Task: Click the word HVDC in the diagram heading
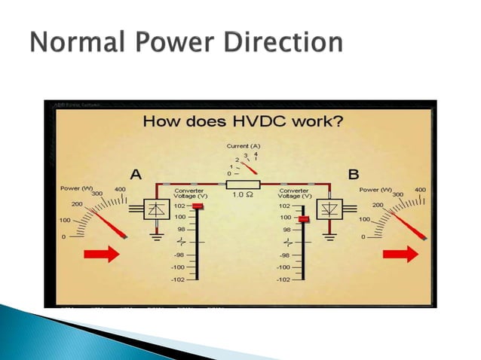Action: (257, 121)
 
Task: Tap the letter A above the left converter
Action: (136, 174)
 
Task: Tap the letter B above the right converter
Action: (353, 174)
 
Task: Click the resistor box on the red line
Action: (243, 185)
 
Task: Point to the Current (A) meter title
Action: (242, 145)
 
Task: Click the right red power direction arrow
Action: (400, 254)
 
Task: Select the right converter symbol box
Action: (329, 209)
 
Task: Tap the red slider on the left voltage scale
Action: (198, 206)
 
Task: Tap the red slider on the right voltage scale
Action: (303, 219)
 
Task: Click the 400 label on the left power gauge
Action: (120, 190)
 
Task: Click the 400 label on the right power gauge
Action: (420, 190)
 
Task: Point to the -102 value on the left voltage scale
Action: (177, 279)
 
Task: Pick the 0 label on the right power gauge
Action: (364, 237)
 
